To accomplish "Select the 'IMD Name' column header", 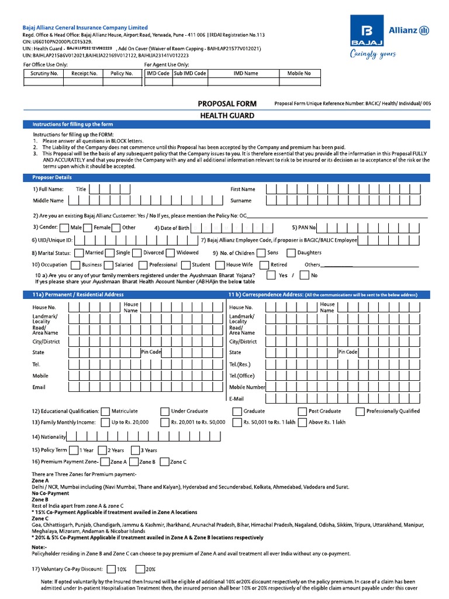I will [x=246, y=74].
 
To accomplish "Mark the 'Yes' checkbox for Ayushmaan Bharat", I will [x=272, y=275].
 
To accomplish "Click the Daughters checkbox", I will [x=291, y=253].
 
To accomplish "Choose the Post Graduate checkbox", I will [x=303, y=411].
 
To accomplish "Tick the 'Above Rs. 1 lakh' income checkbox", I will [x=303, y=422].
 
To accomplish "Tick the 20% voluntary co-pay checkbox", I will [x=140, y=569].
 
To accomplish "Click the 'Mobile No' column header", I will [x=299, y=74].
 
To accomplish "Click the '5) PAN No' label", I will [x=303, y=228].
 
